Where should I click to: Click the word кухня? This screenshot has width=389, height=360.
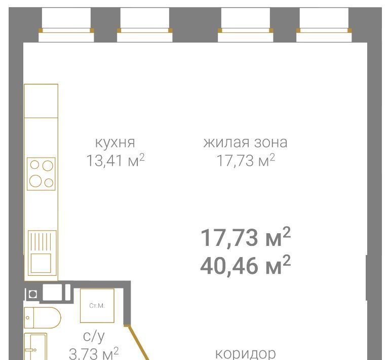tap(115, 143)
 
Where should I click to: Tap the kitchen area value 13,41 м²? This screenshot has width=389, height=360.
tap(115, 160)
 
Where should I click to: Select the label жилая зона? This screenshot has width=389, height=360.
tap(245, 143)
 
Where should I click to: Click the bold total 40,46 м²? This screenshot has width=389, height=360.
tap(245, 265)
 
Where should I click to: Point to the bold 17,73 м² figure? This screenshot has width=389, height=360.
tap(245, 237)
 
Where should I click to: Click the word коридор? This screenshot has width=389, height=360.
tap(245, 353)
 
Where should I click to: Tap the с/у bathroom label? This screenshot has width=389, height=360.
tap(94, 337)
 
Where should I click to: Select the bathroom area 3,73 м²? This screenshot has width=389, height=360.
tap(94, 353)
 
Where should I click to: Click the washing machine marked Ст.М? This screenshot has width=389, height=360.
tap(97, 306)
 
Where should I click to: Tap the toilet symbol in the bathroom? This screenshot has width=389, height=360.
tap(43, 317)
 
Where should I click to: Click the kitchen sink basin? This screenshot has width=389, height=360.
tap(41, 263)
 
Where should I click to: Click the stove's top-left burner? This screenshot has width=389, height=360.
tap(34, 165)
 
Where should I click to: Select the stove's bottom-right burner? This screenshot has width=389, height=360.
tap(49, 183)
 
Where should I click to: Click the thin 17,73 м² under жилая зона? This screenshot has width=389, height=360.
tap(246, 160)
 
